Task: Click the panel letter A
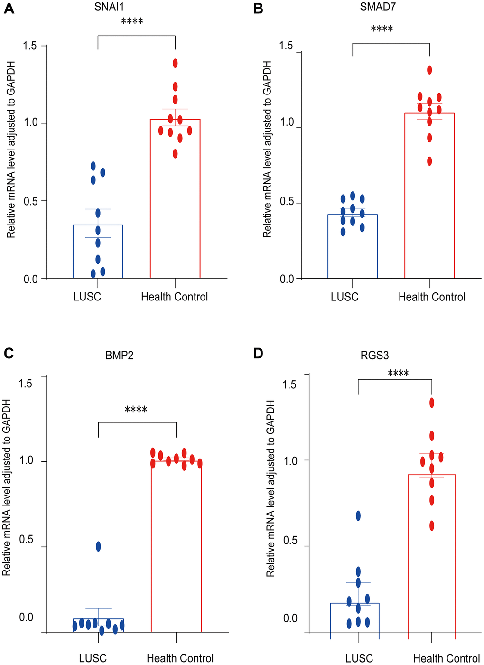click(9, 9)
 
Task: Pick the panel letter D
click(259, 354)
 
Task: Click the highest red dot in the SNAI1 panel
click(175, 63)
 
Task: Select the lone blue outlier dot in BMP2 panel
click(98, 546)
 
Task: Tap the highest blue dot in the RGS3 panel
click(358, 516)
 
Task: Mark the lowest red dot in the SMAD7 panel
click(429, 161)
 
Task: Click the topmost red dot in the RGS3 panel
click(432, 403)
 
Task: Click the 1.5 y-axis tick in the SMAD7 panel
click(287, 46)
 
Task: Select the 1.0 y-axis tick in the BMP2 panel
click(25, 460)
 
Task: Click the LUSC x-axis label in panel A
click(87, 297)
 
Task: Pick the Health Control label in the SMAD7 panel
click(432, 297)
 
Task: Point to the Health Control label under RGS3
click(446, 659)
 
